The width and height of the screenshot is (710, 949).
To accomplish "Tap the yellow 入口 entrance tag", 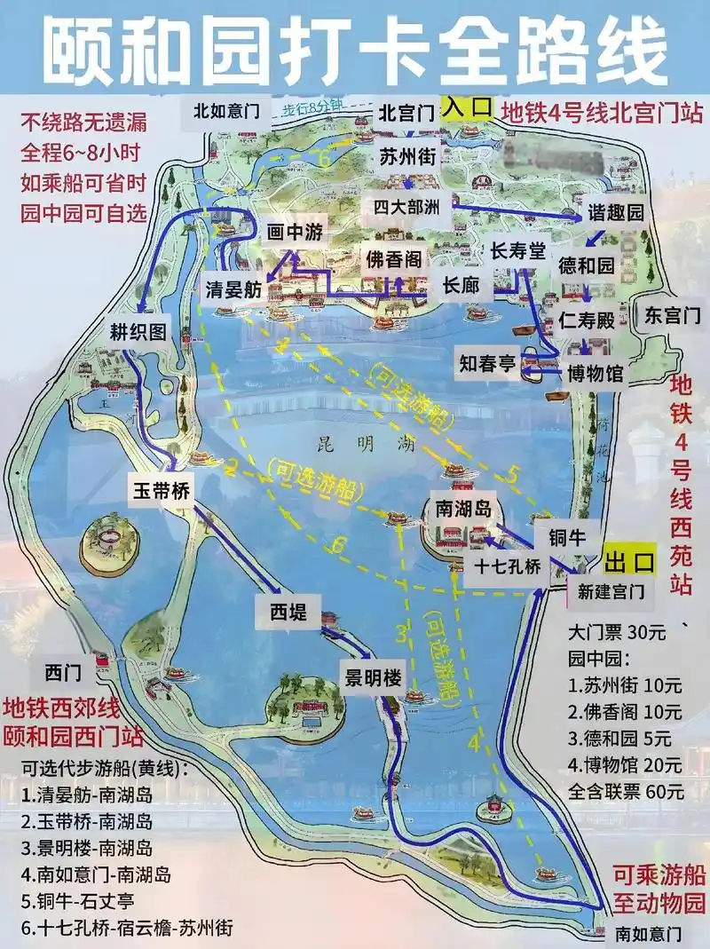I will [468, 107].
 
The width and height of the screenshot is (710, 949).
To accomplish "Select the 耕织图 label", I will [138, 331].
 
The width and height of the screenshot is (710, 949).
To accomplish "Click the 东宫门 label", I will [672, 314].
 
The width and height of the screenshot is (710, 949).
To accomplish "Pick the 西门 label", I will [67, 673].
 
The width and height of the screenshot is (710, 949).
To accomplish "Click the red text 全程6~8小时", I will [81, 151].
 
